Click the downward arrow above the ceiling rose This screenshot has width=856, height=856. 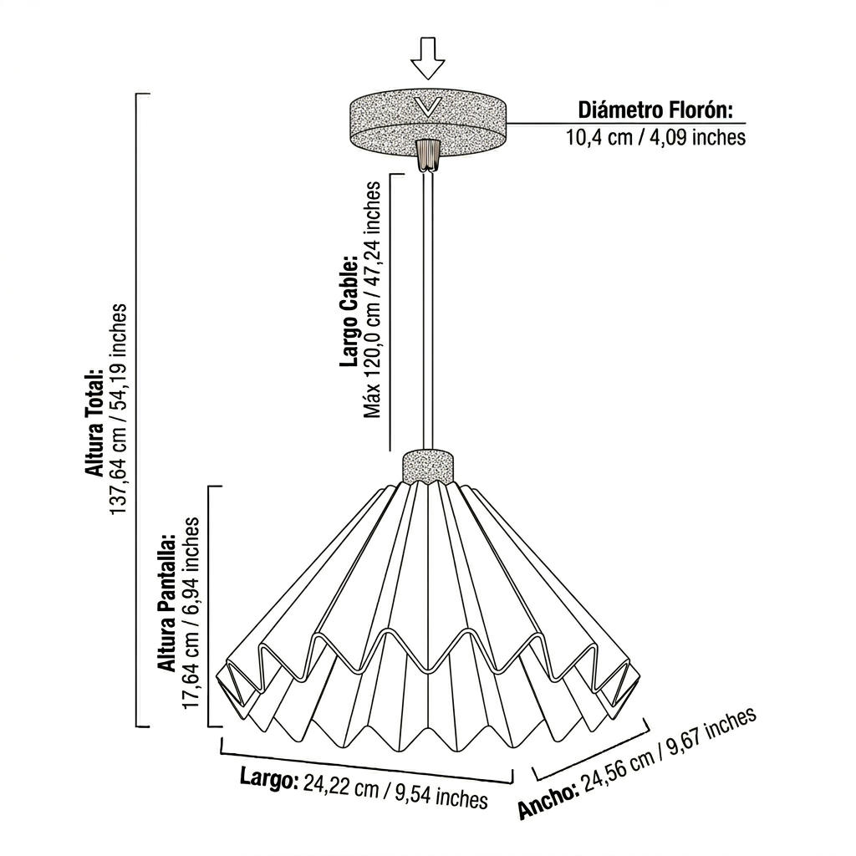point(427,58)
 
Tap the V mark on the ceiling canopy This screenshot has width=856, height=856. point(427,107)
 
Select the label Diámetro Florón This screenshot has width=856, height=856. point(655,110)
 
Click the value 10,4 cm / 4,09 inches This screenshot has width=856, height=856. point(655,136)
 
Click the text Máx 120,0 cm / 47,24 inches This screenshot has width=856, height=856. point(372,300)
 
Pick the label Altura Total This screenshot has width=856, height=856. point(94,421)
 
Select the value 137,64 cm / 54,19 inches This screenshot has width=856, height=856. point(118,409)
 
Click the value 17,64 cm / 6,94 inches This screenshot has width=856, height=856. point(191,613)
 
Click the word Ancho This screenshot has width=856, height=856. point(548,800)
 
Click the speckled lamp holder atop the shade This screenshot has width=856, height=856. point(427,466)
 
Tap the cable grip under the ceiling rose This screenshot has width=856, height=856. point(427,155)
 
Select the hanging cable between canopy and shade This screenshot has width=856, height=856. point(427,310)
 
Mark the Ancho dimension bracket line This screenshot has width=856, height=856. point(591,751)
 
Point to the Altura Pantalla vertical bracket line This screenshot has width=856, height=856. point(209,606)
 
